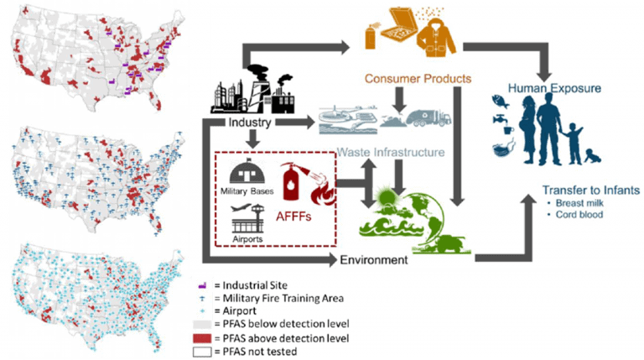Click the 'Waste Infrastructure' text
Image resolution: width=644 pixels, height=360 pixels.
390,153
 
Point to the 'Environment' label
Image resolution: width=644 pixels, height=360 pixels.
374,259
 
